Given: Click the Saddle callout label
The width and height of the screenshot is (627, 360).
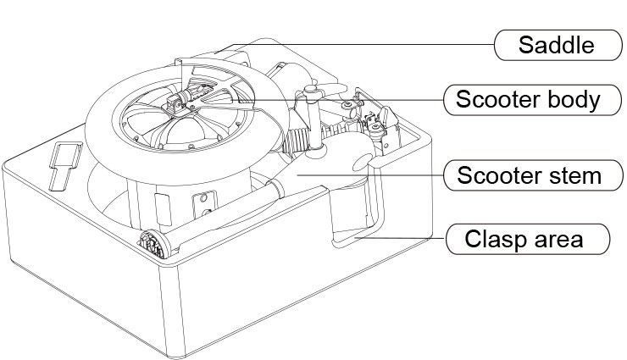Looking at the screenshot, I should click(558, 44).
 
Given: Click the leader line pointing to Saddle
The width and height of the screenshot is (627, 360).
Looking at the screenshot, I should click(381, 44).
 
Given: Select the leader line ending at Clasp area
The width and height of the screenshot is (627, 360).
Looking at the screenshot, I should click(407, 239).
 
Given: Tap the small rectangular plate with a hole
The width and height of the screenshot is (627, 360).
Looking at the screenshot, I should click(202, 204).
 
